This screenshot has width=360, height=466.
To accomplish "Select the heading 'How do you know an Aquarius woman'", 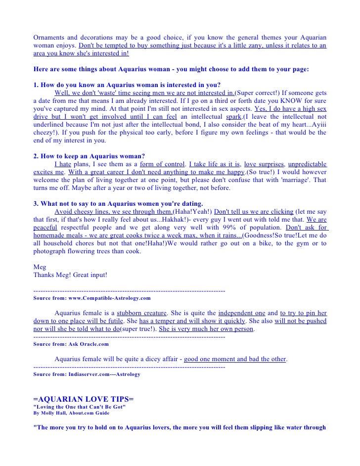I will pyautogui.click(x=127, y=85).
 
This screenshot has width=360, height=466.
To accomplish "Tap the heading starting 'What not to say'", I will pyautogui.click(x=118, y=203).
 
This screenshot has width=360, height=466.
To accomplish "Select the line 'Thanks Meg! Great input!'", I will pyautogui.click(x=70, y=275).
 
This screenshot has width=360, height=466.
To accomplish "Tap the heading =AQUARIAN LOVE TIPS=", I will pyautogui.click(x=83, y=399).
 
